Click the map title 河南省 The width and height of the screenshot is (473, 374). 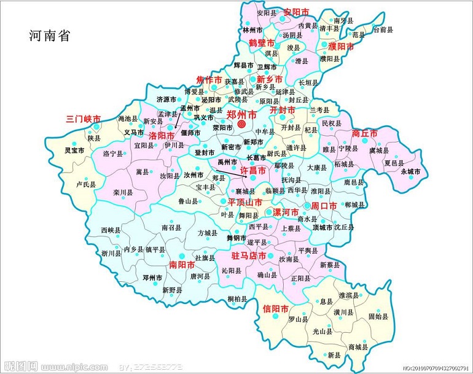click(x=50, y=36)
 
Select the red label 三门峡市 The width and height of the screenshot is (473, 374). click(x=83, y=119)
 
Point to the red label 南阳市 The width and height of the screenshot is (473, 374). click(x=181, y=265)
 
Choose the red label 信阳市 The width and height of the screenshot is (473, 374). click(x=275, y=308)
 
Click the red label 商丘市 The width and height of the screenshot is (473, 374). click(x=365, y=133)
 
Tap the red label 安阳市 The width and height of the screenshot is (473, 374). click(x=295, y=12)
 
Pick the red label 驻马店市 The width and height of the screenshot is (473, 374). click(x=248, y=255)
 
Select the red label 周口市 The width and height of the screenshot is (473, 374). click(x=324, y=206)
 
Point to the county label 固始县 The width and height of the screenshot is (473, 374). click(x=378, y=317)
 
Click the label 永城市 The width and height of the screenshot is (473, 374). click(x=410, y=172)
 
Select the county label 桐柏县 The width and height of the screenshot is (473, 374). click(x=237, y=299)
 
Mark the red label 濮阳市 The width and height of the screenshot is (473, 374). click(x=341, y=47)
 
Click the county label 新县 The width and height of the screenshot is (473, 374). click(x=334, y=356)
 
